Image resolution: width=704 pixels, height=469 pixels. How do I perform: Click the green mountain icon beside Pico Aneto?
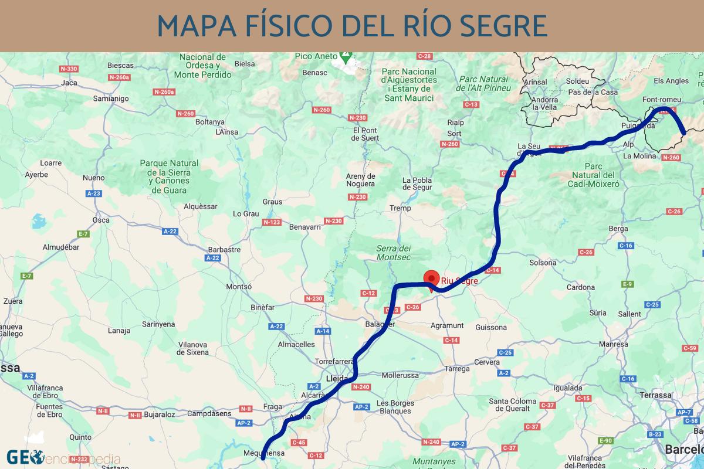(x=346, y=57)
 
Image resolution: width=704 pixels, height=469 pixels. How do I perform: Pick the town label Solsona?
(x=543, y=263)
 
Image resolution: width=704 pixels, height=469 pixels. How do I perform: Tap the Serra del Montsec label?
(x=393, y=253)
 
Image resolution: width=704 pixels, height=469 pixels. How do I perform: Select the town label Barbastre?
(x=224, y=249)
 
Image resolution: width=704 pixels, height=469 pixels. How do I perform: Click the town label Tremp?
(x=401, y=208)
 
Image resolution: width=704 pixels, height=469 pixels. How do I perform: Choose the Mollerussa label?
(x=398, y=375)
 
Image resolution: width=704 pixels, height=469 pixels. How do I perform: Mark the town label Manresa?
(x=614, y=345)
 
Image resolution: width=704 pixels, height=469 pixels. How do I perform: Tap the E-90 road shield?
(x=605, y=441)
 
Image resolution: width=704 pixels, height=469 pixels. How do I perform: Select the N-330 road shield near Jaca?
(x=69, y=69)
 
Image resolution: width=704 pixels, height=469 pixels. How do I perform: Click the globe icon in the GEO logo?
(x=37, y=456)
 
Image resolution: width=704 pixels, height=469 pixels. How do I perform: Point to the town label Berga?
(x=618, y=229)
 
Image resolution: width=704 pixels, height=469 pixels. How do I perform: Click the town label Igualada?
(x=568, y=388)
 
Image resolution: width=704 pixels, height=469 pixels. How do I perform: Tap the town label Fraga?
(x=273, y=406)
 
